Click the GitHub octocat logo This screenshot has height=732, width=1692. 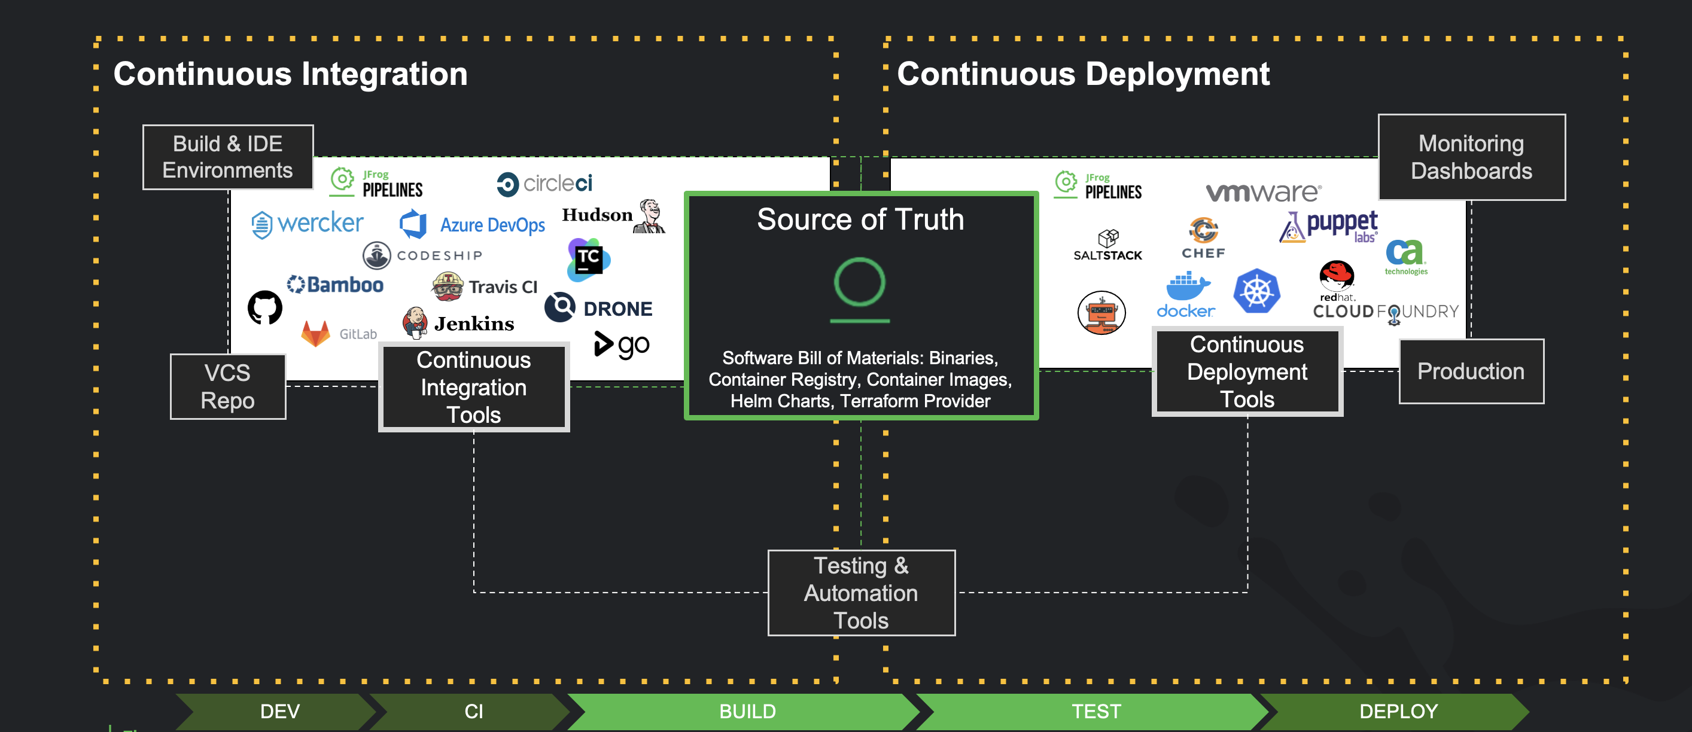pyautogui.click(x=264, y=307)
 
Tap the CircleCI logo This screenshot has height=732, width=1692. pyautogui.click(x=544, y=184)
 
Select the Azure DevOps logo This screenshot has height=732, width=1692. pyautogui.click(x=472, y=224)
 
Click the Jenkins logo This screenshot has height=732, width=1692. pyautogui.click(x=458, y=323)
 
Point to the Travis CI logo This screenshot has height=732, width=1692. pyautogui.click(x=485, y=287)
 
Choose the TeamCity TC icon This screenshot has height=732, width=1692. pyautogui.click(x=589, y=260)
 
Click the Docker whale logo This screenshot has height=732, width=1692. pyautogui.click(x=1186, y=295)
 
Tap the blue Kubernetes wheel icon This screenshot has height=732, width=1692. pyautogui.click(x=1256, y=291)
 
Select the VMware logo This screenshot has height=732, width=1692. pyautogui.click(x=1263, y=192)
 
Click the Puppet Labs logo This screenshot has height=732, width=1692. pyautogui.click(x=1329, y=227)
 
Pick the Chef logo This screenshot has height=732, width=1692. pyautogui.click(x=1203, y=237)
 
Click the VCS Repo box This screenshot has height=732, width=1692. pyautogui.click(x=228, y=387)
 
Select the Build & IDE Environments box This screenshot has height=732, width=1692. pyautogui.click(x=228, y=157)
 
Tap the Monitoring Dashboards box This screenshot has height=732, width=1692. pyautogui.click(x=1471, y=157)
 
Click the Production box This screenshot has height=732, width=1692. pyautogui.click(x=1471, y=371)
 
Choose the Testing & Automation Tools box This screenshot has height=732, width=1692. pyautogui.click(x=861, y=593)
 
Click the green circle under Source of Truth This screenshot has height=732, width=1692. pyautogui.click(x=860, y=282)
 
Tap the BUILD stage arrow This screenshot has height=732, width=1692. pyautogui.click(x=747, y=711)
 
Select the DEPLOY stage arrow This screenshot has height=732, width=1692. pyautogui.click(x=1398, y=711)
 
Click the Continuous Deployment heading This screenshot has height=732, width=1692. pyautogui.click(x=1083, y=74)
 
